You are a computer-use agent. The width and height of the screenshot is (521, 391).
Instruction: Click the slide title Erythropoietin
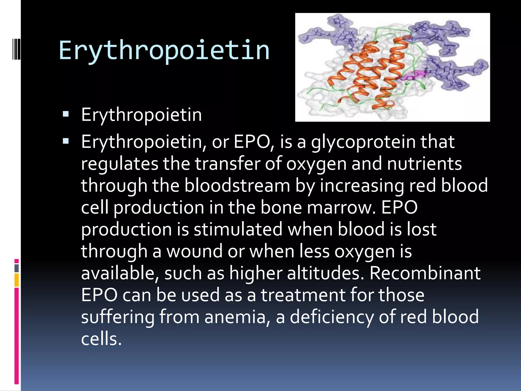[164, 51]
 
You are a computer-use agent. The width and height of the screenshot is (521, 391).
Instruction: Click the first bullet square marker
[66, 114]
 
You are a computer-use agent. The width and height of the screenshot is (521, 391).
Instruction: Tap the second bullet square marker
[66, 141]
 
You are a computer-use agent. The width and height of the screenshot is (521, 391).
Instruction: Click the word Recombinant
[425, 273]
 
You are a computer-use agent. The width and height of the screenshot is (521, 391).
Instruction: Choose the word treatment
[303, 295]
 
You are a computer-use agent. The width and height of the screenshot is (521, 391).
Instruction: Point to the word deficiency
[332, 317]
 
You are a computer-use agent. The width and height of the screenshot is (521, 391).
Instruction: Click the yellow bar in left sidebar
[17, 280]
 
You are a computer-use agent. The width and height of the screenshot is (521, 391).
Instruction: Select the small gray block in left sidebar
[17, 268]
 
